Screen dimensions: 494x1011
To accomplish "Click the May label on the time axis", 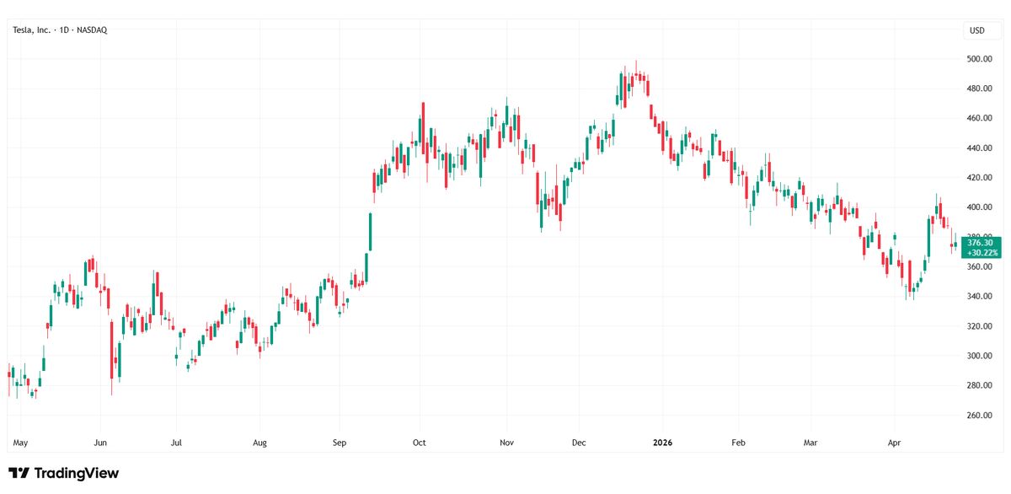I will (21, 442).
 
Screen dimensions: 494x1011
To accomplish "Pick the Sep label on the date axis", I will (340, 442).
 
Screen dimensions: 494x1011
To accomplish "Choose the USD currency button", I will (977, 30).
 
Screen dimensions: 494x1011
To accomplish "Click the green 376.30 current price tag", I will (979, 243).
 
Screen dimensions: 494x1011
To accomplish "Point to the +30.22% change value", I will (979, 252).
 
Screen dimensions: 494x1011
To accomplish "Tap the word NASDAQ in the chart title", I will (91, 30).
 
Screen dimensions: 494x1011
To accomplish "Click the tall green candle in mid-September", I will (370, 233).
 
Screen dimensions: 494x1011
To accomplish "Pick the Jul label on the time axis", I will (176, 442).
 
